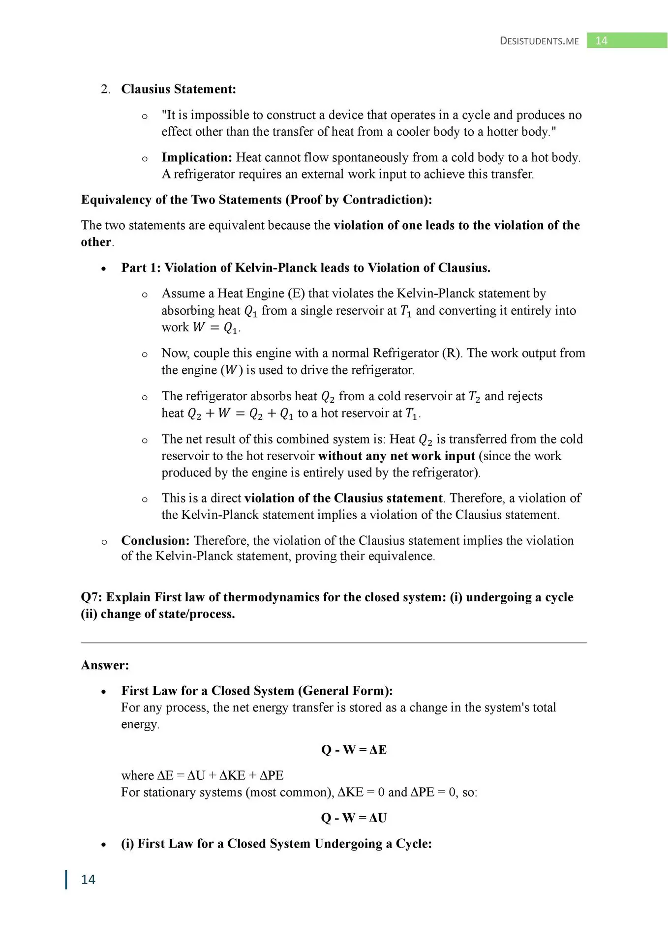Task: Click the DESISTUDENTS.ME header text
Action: tap(539, 41)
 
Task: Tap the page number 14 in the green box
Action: tap(601, 41)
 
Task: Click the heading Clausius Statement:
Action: tap(179, 89)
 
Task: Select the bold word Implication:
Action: tap(197, 157)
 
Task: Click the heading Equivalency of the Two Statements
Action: tap(256, 200)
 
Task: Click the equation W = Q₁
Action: tap(216, 327)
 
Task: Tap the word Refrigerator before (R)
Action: tap(406, 353)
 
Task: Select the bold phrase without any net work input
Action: tap(396, 456)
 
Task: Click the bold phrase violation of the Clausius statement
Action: tap(343, 498)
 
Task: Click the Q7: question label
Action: tap(92, 597)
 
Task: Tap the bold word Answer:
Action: tap(105, 665)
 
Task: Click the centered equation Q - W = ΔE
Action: tap(354, 750)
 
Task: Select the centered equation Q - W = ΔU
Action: tap(354, 818)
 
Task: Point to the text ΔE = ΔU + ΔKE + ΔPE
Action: tap(220, 775)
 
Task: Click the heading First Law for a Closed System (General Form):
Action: tap(257, 691)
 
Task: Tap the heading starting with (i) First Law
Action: tap(276, 844)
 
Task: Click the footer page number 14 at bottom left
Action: tap(88, 880)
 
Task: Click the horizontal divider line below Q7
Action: tap(334, 643)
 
